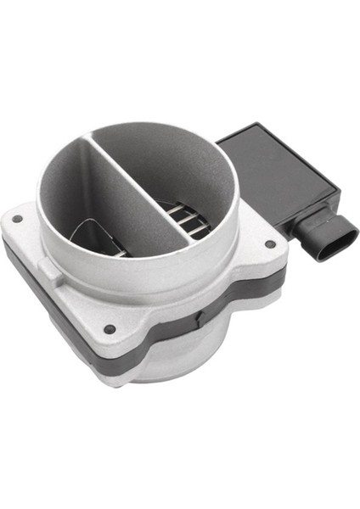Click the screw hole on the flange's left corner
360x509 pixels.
[x=17, y=218]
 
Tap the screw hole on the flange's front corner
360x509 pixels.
[x=110, y=328]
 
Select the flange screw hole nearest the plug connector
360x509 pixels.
[x=269, y=244]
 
